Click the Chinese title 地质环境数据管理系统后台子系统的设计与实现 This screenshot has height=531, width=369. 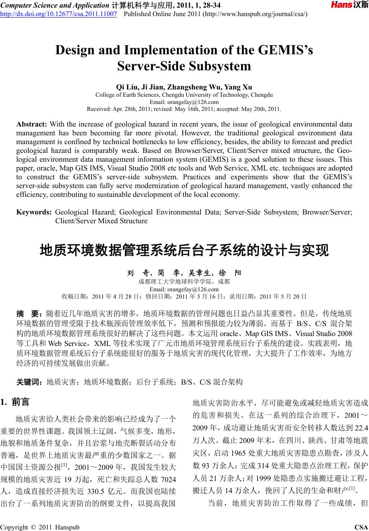pyautogui.click(x=184, y=251)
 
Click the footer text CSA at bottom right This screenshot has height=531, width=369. pyautogui.click(x=361, y=527)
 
